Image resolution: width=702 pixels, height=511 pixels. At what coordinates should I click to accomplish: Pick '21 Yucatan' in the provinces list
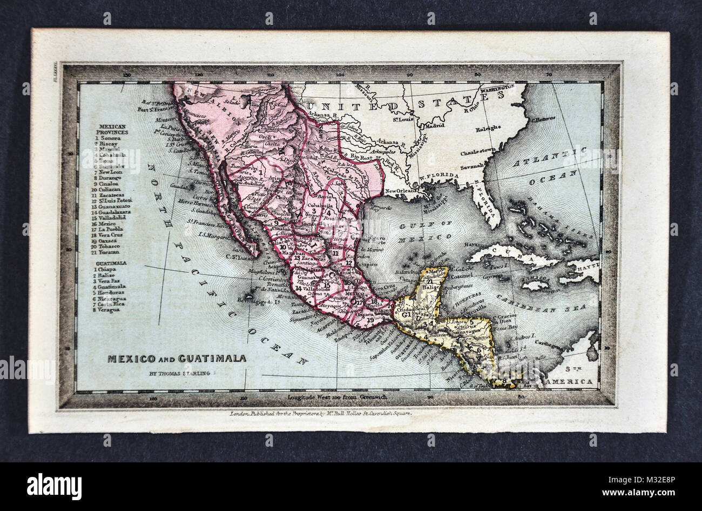109,253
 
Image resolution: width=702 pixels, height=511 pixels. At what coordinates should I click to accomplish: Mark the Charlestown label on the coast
478,153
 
